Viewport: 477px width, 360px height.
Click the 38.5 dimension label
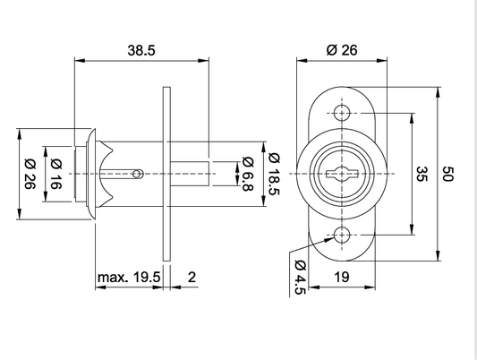141,50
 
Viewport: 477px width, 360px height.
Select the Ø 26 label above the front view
342,50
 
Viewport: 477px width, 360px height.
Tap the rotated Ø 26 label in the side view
30,174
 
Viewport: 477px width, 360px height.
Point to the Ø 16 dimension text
56,174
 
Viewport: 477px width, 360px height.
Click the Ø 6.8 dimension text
248,174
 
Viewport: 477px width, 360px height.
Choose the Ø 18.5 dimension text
274,174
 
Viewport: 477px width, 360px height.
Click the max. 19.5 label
129,278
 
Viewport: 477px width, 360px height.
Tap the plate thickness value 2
192,278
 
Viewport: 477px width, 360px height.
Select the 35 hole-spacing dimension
422,174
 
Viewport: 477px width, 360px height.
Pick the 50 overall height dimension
447,174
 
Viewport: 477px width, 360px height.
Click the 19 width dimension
342,278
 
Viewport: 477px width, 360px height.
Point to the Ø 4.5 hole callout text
300,278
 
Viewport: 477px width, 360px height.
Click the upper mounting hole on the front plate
342,113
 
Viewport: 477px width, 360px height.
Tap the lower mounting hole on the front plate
342,235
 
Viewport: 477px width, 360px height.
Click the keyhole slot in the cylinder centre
342,174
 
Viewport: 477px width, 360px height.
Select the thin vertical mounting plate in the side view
166,174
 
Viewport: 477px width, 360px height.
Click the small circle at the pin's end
138,174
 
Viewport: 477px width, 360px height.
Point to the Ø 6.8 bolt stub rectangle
190,174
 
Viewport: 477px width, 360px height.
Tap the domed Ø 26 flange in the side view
91,174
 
